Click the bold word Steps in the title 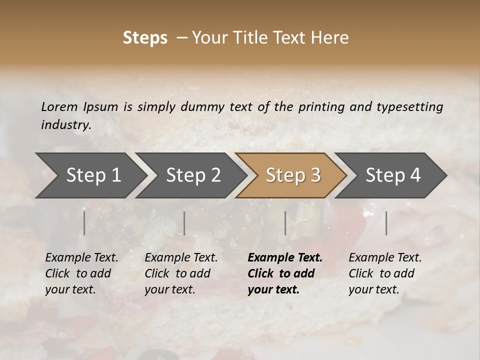(x=145, y=38)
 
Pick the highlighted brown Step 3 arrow (x=293, y=175)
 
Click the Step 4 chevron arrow (x=393, y=175)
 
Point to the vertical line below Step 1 (x=84, y=223)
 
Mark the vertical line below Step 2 (x=184, y=223)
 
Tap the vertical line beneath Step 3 (x=285, y=223)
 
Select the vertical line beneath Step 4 (x=386, y=223)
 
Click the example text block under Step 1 (x=81, y=273)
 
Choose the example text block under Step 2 (x=181, y=273)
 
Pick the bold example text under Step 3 (x=284, y=273)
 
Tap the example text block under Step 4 (x=385, y=273)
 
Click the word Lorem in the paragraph (x=59, y=106)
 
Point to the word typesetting (x=413, y=106)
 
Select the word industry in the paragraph (x=65, y=124)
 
